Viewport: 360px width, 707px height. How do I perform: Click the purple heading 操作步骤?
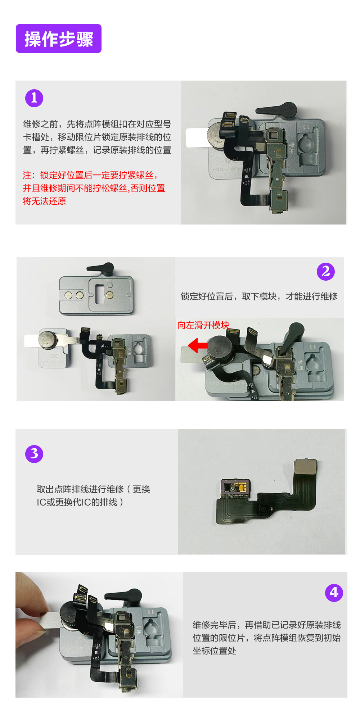(x=59, y=38)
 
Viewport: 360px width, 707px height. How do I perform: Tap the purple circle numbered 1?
(x=34, y=98)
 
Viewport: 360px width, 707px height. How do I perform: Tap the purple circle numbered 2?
(x=325, y=271)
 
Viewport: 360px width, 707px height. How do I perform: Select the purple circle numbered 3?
(x=34, y=454)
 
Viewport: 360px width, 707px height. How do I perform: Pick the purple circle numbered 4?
(x=334, y=593)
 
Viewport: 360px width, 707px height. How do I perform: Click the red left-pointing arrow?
(x=198, y=345)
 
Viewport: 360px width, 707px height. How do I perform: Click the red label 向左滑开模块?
(x=203, y=325)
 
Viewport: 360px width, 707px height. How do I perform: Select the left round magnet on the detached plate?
(x=68, y=295)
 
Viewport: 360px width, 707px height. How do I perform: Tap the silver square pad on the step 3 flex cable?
(x=306, y=467)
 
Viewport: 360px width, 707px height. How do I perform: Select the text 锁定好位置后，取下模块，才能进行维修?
(x=259, y=296)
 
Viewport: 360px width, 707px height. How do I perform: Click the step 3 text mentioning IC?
(x=94, y=495)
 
